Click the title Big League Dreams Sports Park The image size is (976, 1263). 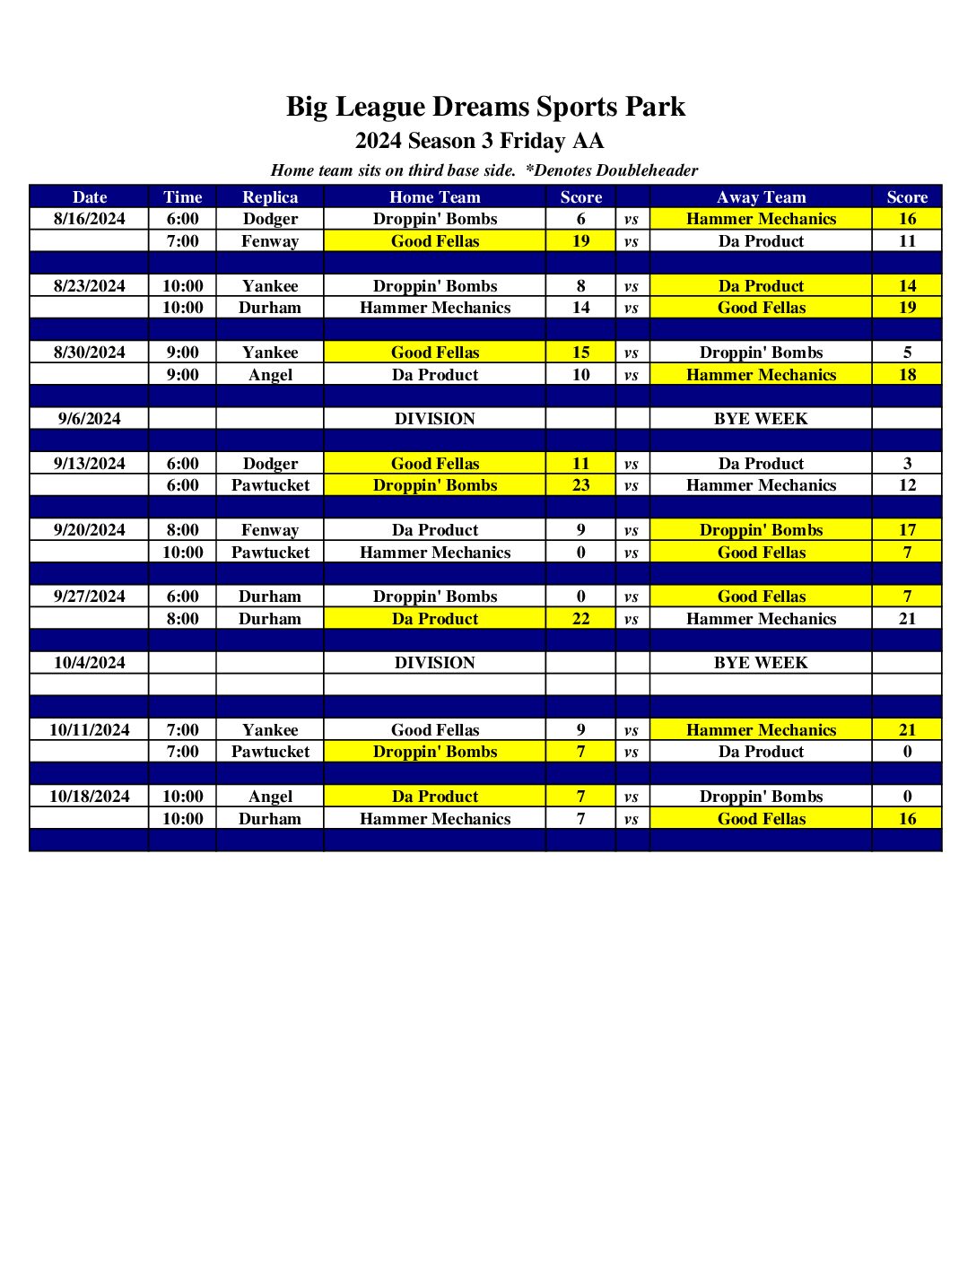click(485, 107)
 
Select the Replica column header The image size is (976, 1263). click(270, 197)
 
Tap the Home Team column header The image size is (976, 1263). click(434, 197)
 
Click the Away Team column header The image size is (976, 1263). click(761, 197)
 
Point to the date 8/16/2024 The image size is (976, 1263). click(90, 219)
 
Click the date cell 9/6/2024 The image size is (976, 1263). click(90, 419)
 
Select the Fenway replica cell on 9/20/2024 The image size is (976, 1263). click(270, 530)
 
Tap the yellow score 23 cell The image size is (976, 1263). click(581, 485)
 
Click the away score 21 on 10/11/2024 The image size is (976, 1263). click(907, 730)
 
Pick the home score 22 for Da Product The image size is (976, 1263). click(581, 619)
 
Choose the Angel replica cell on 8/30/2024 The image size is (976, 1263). click(270, 375)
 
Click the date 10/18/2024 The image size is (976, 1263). click(90, 797)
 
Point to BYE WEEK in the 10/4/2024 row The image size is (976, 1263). click(761, 663)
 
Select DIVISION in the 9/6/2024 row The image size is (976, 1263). click(434, 419)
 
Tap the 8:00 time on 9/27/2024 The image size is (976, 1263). click(183, 619)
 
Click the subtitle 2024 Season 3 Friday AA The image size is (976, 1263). click(479, 141)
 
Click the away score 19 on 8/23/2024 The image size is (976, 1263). click(907, 308)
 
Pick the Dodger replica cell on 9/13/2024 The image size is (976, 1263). click(270, 464)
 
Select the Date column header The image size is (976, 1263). click(90, 197)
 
